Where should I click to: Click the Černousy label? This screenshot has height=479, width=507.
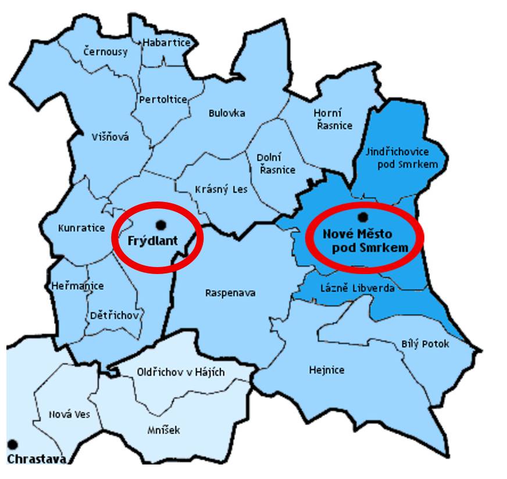pos(105,51)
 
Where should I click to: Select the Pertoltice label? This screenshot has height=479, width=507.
pos(163,99)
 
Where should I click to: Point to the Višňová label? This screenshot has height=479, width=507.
pos(110,137)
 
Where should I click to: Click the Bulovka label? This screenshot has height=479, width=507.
pos(227,113)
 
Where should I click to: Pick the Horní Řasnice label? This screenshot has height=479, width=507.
pos(333,119)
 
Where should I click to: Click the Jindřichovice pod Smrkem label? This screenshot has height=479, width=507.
pos(401,158)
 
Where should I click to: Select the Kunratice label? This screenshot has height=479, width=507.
pos(81,228)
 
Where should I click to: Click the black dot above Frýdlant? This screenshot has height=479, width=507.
pos(161,224)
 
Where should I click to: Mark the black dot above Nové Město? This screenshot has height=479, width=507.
pos(363,217)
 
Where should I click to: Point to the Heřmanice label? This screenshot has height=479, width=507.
pos(77,286)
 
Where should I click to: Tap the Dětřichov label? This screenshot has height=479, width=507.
pos(115,315)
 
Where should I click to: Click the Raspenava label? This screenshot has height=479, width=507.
pos(230,293)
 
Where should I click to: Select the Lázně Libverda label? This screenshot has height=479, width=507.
pos(358,288)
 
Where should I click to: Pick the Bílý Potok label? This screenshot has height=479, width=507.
pos(426,344)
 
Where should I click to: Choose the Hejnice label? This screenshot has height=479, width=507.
pos(327,370)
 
